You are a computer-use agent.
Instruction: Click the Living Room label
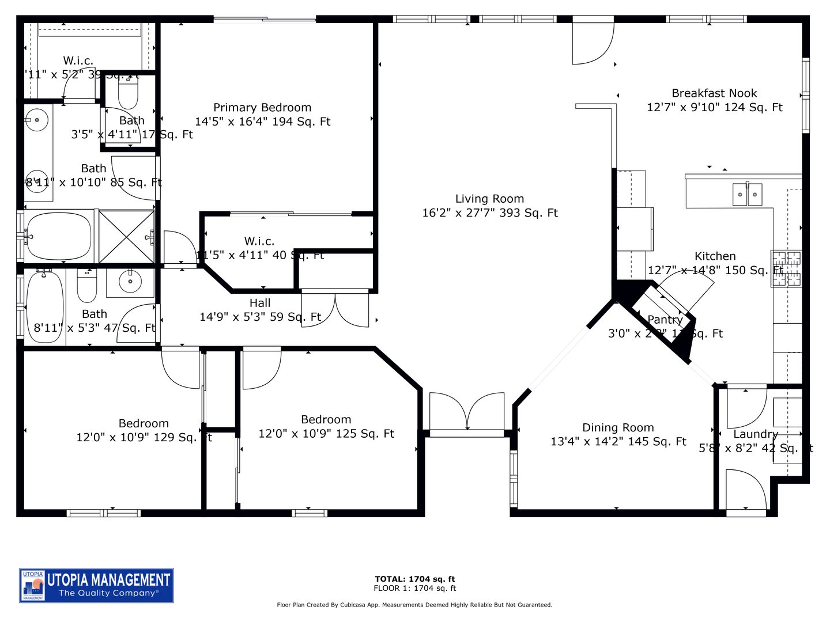(489, 199)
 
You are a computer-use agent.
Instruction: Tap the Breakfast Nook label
(714, 93)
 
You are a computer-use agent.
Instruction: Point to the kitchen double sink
(747, 195)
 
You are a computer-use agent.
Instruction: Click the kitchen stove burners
(786, 269)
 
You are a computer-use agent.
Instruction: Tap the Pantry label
(665, 320)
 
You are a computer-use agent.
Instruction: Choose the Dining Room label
(618, 427)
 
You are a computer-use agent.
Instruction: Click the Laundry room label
(755, 434)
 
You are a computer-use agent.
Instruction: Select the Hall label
(260, 303)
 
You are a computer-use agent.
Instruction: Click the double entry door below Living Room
(467, 412)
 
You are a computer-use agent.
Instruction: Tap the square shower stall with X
(127, 237)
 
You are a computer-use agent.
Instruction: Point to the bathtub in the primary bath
(58, 237)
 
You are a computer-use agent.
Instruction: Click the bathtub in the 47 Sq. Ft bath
(45, 306)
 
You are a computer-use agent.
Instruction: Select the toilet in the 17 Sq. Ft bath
(128, 94)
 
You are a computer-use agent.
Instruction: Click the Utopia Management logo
(96, 585)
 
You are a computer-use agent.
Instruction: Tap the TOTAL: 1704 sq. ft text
(414, 579)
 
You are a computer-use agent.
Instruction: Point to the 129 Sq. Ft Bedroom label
(144, 424)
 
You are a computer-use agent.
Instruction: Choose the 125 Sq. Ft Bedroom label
(326, 420)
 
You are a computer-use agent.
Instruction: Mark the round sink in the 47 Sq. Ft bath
(130, 282)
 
